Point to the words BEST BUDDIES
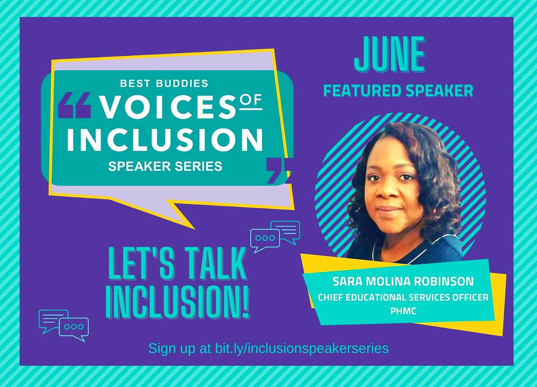pos(165,83)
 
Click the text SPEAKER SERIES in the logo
pos(165,166)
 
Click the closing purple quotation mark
pos(277,170)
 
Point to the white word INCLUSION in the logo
pos(165,139)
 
